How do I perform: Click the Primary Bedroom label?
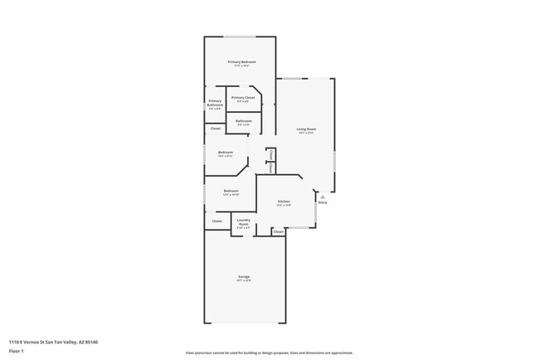click(x=242, y=62)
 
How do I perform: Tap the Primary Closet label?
click(x=243, y=98)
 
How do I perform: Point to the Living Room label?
click(x=307, y=129)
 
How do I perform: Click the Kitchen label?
click(x=283, y=202)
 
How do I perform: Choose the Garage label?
click(x=244, y=276)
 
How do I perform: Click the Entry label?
click(x=323, y=202)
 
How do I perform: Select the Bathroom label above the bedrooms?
click(x=244, y=121)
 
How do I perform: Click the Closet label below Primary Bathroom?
click(x=215, y=129)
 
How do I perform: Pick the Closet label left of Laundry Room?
click(x=217, y=221)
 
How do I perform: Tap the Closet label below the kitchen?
click(x=278, y=231)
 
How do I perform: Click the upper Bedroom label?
click(x=226, y=152)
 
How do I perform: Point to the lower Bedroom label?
click(x=231, y=191)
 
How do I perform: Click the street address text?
click(x=58, y=341)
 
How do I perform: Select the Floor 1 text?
click(x=16, y=351)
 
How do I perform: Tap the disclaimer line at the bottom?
click(x=269, y=353)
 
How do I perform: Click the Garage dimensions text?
click(x=244, y=280)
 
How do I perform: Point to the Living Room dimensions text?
click(x=307, y=133)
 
